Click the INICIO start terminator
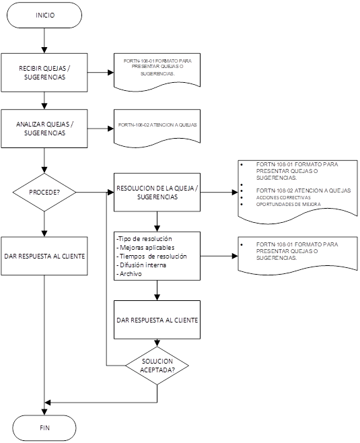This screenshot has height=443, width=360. pyautogui.click(x=44, y=15)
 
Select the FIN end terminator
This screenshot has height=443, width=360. pyautogui.click(x=44, y=428)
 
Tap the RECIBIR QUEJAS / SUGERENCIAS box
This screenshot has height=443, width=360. pyautogui.click(x=44, y=73)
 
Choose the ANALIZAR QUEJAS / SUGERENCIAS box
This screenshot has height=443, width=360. pyautogui.click(x=44, y=129)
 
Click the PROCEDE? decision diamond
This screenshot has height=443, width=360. pyautogui.click(x=44, y=192)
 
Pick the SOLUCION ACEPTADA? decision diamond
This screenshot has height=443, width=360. pyautogui.click(x=157, y=366)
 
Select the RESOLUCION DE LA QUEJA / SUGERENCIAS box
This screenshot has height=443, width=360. pyautogui.click(x=157, y=193)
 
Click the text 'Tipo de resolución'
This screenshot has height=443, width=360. pyautogui.click(x=145, y=239)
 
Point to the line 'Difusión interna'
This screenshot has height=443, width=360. pyautogui.click(x=143, y=265)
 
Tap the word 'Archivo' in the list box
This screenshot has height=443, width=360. pyautogui.click(x=131, y=274)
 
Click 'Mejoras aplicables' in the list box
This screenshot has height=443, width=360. pyautogui.click(x=147, y=248)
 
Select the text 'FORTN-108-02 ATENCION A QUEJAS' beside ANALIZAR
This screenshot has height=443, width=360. pyautogui.click(x=157, y=125)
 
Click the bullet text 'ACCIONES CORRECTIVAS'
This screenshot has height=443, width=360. pyautogui.click(x=283, y=197)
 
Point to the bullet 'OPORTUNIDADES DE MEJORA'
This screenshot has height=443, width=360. pyautogui.click(x=288, y=204)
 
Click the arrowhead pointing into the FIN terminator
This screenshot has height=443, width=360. pyautogui.click(x=44, y=412)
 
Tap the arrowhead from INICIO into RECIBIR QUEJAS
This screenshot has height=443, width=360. pyautogui.click(x=44, y=50)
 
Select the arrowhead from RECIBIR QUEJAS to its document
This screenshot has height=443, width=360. pyautogui.click(x=110, y=73)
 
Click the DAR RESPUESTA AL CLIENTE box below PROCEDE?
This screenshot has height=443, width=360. pyautogui.click(x=44, y=256)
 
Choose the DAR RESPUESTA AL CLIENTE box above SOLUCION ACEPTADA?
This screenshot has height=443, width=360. pyautogui.click(x=157, y=320)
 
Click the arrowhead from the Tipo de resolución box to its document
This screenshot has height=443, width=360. pyautogui.click(x=235, y=257)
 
